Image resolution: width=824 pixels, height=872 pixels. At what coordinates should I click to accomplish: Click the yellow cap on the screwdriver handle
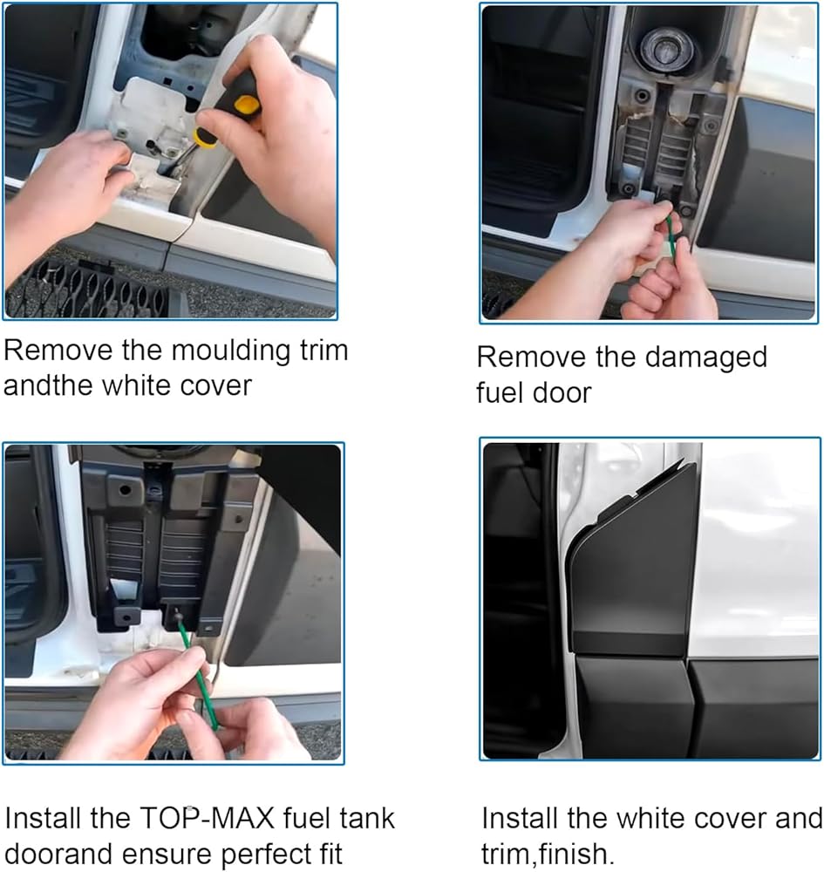point(247,104)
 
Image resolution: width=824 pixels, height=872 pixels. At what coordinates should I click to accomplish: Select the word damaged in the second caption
point(706,358)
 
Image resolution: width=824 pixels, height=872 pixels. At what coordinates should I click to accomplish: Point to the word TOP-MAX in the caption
point(207,819)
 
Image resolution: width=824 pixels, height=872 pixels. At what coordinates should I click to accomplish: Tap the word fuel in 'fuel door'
point(500,393)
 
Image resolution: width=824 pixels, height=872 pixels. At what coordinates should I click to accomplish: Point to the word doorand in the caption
point(61,855)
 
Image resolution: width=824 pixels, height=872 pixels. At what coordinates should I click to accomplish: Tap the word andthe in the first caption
point(55,385)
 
